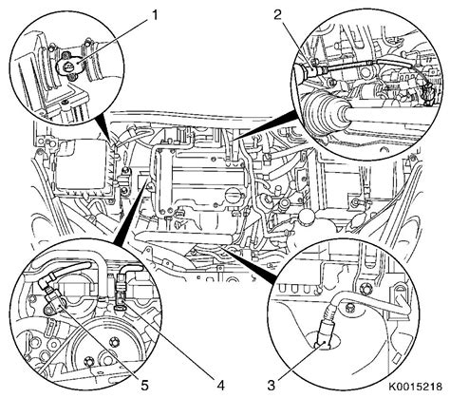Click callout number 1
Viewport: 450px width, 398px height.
[x=154, y=15]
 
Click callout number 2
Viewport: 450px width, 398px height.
[x=277, y=15]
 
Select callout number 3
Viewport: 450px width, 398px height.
[x=272, y=386]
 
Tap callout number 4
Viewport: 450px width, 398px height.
[x=220, y=386]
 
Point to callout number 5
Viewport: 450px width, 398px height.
[x=144, y=386]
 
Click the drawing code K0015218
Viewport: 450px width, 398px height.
[x=416, y=387]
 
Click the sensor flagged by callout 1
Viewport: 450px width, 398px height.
[x=69, y=67]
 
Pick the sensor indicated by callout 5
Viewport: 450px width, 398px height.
[x=52, y=301]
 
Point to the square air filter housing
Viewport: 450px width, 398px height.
[x=83, y=168]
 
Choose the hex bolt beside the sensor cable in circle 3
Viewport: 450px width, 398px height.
[x=350, y=307]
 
